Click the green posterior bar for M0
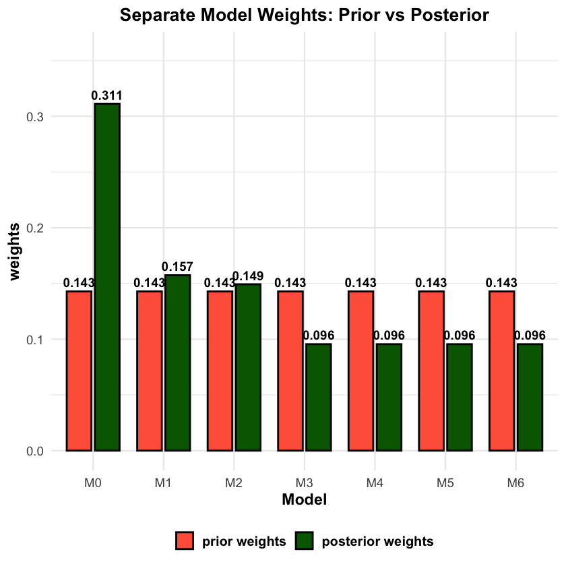click(x=107, y=276)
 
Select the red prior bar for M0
click(x=79, y=371)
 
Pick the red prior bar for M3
click(x=290, y=371)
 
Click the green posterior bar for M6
click(x=529, y=397)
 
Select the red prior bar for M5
click(x=431, y=371)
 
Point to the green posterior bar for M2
click(x=247, y=367)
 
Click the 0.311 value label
click(x=107, y=96)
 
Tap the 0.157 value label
click(x=177, y=267)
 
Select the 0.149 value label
click(x=248, y=276)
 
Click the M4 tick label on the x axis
click(x=375, y=483)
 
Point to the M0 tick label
click(x=93, y=483)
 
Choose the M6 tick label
click(x=515, y=483)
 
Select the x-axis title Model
click(x=304, y=500)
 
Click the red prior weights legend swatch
click(x=185, y=541)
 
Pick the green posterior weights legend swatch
click(x=305, y=541)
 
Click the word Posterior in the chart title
click(x=438, y=15)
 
